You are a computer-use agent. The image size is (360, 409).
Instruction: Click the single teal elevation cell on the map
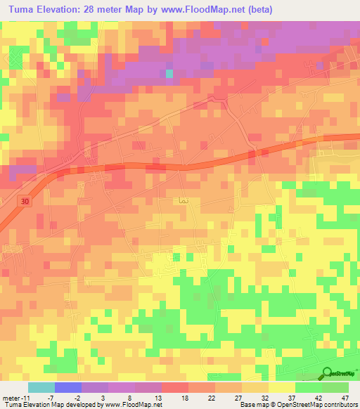point(169,73)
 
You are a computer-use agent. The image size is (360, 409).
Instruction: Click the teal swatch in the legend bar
point(41,387)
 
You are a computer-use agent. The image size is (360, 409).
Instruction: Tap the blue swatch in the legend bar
point(68,387)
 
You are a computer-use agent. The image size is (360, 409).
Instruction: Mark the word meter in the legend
point(9,398)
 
